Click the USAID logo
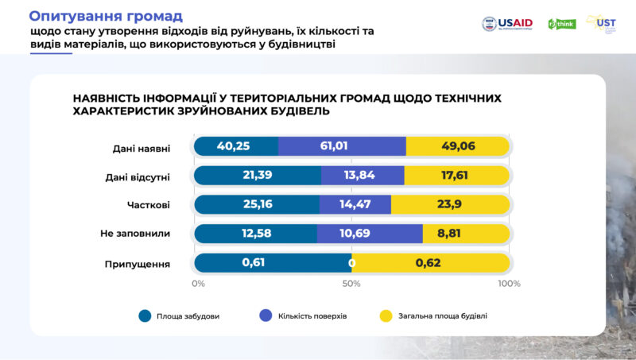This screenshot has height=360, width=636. [x=508, y=24]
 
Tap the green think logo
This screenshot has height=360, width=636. [x=561, y=24]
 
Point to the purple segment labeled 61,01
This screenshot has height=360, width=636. [x=341, y=146]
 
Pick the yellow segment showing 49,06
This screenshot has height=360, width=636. [x=456, y=146]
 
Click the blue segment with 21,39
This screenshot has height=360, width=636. [x=256, y=175]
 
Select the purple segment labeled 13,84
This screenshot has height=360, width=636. [x=362, y=175]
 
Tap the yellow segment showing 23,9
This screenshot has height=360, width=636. [x=449, y=204]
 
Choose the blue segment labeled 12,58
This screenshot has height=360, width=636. [x=254, y=234]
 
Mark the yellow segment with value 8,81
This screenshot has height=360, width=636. [x=465, y=234]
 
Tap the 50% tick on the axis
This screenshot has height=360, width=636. [x=351, y=284]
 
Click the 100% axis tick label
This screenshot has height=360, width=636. [x=509, y=284]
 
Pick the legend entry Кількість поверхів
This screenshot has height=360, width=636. [x=312, y=316]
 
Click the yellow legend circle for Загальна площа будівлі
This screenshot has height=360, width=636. [x=385, y=316]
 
